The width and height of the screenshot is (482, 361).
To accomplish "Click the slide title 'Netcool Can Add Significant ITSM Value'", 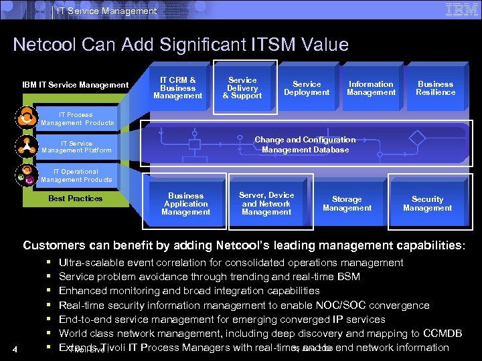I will pos(181,45).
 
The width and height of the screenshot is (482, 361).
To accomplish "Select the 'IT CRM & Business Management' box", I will pos(177,88).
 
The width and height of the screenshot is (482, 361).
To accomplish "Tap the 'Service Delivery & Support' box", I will pos(242,88).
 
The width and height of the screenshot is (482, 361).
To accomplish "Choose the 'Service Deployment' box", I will pos(307,88).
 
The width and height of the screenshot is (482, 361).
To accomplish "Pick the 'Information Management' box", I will pos(371,88).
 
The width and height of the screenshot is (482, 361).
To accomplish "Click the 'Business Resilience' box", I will pos(435,88).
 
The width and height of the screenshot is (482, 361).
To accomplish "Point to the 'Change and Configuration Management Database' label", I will pos(305,144).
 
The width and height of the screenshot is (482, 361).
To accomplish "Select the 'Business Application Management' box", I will pos(185,204).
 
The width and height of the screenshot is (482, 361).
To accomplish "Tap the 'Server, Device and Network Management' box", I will pos(266,204).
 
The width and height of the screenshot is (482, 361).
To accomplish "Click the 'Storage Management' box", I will pos(347,204).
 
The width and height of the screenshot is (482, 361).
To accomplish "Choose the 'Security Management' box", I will pos(427,204).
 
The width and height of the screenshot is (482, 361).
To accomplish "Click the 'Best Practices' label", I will pos(76,199).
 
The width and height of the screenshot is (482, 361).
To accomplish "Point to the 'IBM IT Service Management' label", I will pos(75,85).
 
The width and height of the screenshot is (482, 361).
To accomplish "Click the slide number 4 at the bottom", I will pos(23,348).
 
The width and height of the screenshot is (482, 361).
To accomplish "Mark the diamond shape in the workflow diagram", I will pos(418,140).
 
